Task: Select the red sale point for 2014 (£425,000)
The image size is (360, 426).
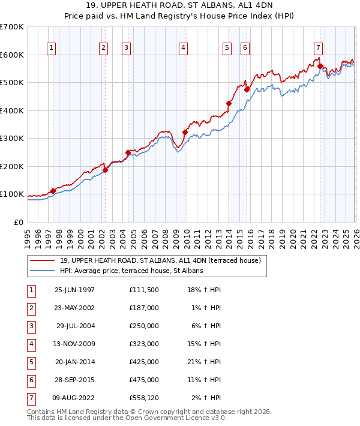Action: tap(229, 103)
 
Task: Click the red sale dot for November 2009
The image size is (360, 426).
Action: tap(185, 132)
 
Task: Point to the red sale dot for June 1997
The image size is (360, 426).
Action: tap(53, 191)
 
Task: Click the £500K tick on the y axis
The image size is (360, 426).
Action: tap(12, 83)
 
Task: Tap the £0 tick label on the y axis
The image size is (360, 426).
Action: tap(19, 222)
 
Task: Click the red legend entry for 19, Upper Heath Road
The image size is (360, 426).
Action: tap(160, 260)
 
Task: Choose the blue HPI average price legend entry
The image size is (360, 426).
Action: tap(131, 271)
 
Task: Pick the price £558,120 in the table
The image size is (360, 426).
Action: tap(144, 397)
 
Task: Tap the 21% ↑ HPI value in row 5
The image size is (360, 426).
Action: tap(203, 361)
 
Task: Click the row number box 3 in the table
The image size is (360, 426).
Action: tap(30, 325)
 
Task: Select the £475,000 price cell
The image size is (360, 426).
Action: tap(144, 379)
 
